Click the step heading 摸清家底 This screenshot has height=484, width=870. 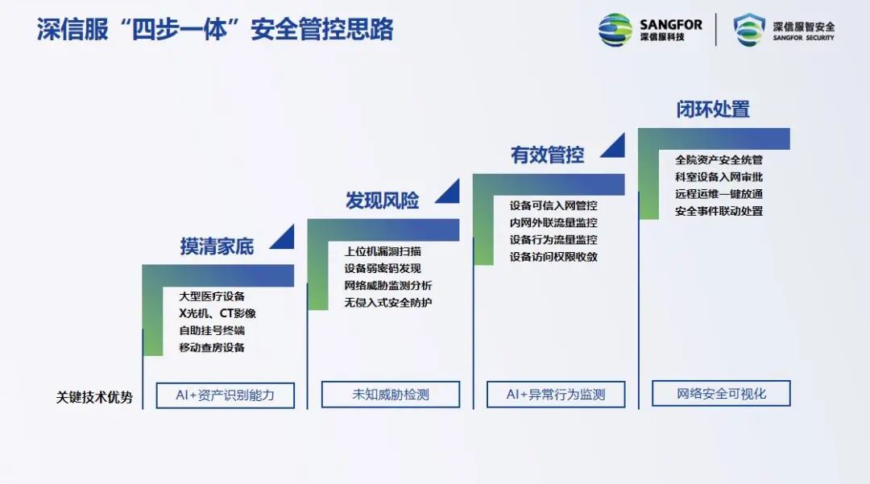coord(217,246)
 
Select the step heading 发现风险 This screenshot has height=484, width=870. coord(382,201)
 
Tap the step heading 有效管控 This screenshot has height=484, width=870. coord(547,155)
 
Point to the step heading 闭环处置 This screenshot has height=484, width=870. coord(713,109)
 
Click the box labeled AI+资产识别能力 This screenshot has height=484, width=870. coord(225,395)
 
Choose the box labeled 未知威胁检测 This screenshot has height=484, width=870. coord(391,395)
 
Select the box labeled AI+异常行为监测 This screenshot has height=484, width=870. coord(556,395)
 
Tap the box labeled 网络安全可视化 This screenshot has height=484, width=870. coord(721,394)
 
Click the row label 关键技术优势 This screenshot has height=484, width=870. coord(94,397)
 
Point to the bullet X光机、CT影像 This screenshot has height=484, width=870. coord(217,313)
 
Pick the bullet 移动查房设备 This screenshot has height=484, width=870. coord(212,348)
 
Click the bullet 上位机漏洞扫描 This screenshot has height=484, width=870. coord(383,251)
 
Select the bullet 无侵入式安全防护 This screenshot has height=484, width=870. coord(388,303)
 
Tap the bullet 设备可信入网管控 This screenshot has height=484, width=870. coord(553,205)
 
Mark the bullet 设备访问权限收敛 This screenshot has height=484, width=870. coord(553,257)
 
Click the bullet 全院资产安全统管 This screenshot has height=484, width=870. coord(719,159)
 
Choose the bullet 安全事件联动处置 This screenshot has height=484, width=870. coord(719,211)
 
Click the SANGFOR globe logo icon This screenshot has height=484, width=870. coord(615,30)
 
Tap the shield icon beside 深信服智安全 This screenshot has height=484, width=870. coord(748,30)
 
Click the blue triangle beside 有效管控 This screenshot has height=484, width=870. coord(613,145)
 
